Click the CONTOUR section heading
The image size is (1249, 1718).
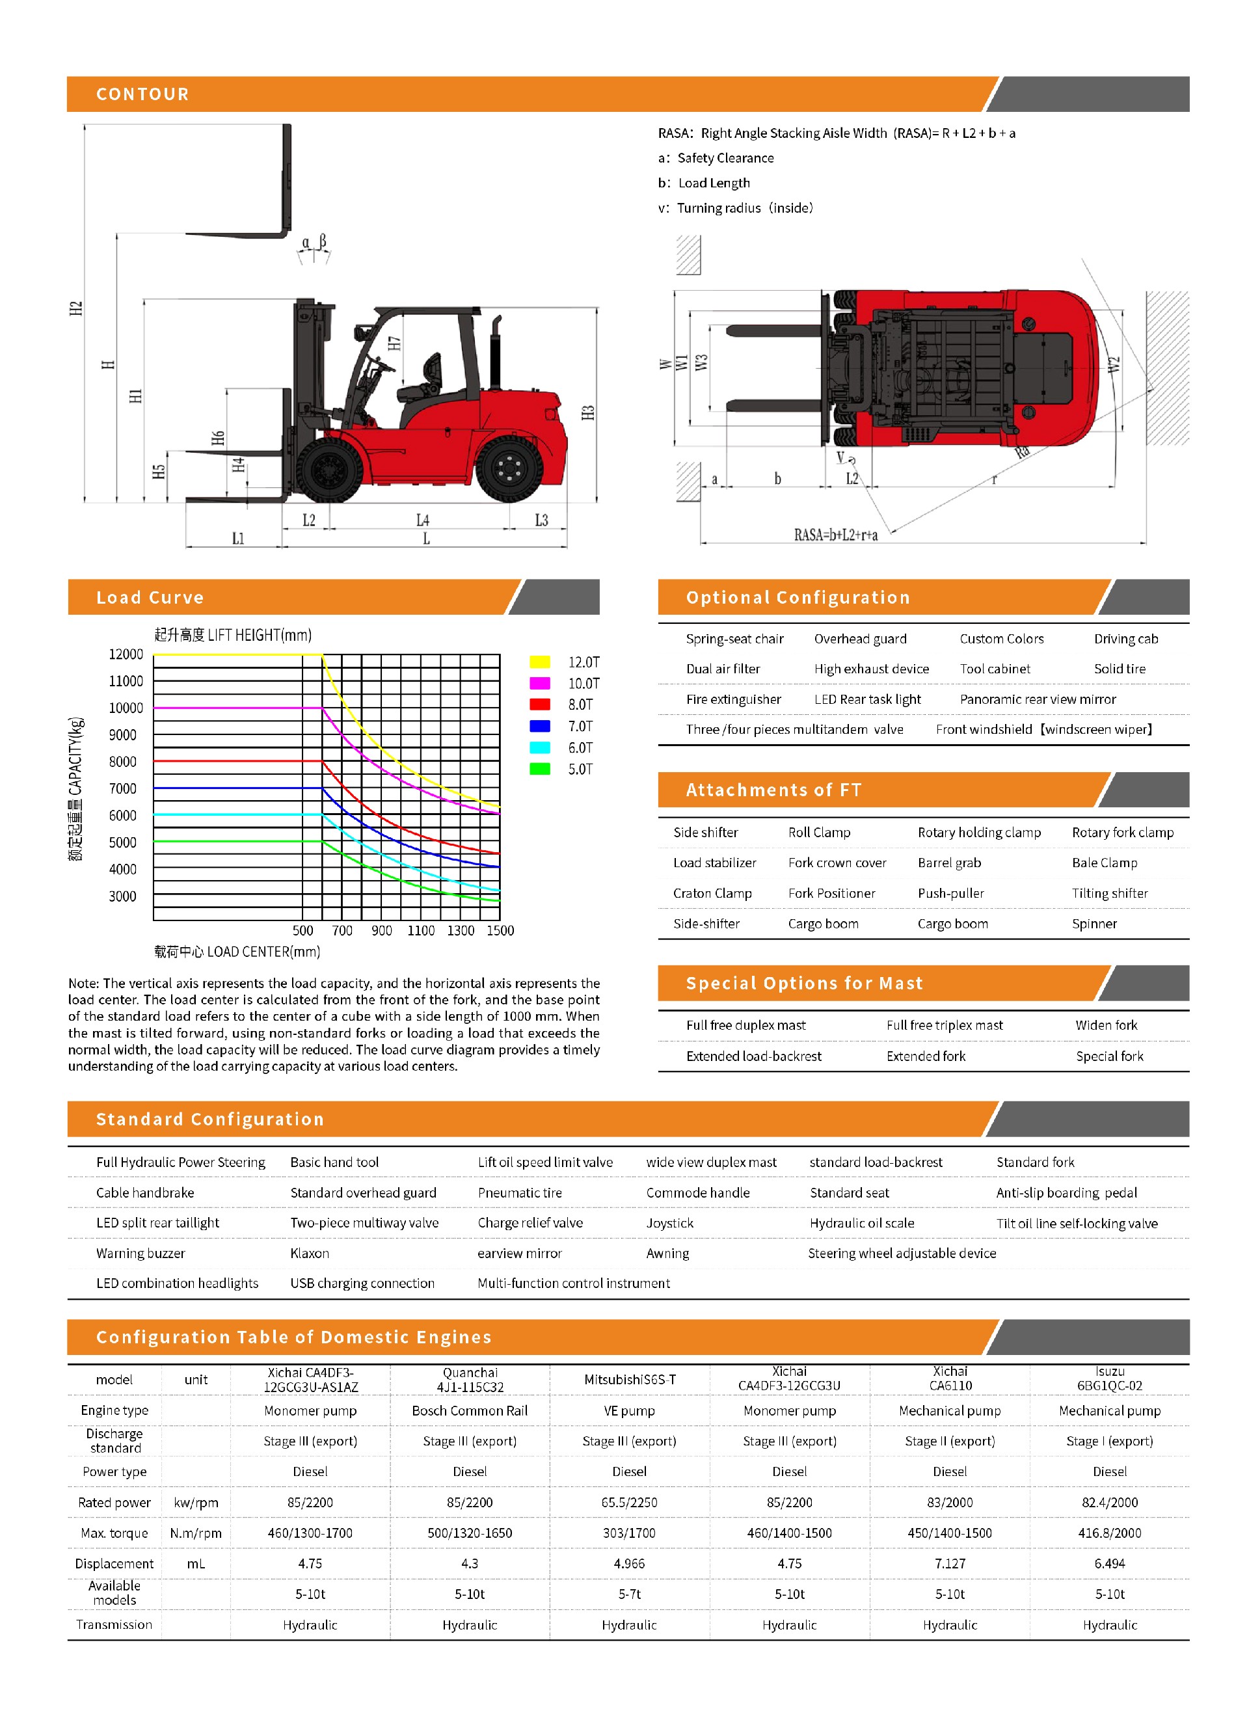pos(142,94)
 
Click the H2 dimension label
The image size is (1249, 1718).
pos(75,308)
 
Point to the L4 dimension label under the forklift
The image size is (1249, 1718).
pos(423,520)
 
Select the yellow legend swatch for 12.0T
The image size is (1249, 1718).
pos(539,662)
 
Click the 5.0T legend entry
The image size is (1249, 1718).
pos(580,770)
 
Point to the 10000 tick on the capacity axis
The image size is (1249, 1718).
pos(126,708)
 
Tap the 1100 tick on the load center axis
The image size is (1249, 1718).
pos(420,930)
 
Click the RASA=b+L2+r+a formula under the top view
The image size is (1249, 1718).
pos(835,535)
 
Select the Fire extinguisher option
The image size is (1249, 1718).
pos(733,699)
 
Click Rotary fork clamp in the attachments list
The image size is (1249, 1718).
pos(1123,833)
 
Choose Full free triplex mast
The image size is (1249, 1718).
pos(945,1025)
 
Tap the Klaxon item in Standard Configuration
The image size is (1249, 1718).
pos(310,1253)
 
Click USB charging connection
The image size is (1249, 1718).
pos(362,1283)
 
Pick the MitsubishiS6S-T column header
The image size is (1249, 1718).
pos(630,1379)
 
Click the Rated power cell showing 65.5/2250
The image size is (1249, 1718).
pos(630,1502)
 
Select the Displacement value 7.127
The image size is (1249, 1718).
pos(950,1563)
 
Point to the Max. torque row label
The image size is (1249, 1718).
pos(114,1533)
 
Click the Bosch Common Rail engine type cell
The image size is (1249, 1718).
pos(470,1410)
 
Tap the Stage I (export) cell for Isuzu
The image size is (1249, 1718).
pos(1110,1441)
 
